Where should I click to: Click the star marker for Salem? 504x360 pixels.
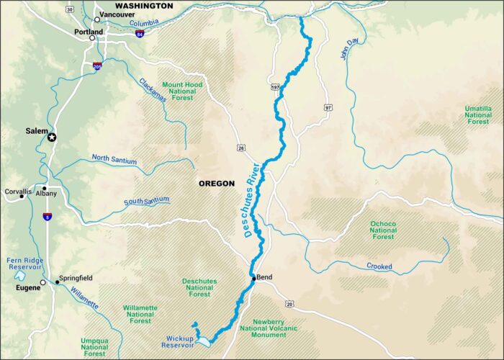point(51,136)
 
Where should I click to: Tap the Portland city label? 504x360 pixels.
point(89,32)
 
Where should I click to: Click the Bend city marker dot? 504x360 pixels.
point(253,276)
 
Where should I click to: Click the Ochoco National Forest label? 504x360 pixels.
point(383,230)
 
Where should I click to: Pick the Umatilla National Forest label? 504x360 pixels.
point(477,115)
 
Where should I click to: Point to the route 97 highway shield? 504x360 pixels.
point(328,107)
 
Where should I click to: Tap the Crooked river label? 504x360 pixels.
point(379,266)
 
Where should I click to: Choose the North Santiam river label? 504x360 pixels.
point(114,158)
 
